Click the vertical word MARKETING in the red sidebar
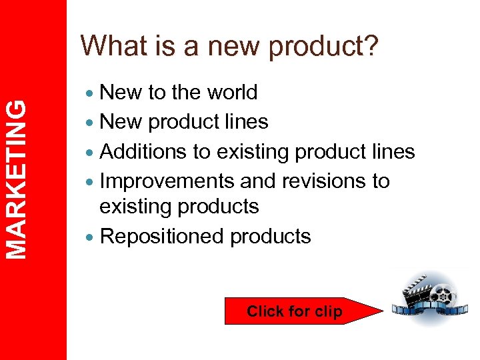(x=19, y=178)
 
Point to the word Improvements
(x=166, y=181)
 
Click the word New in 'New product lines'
(x=121, y=122)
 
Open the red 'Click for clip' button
(x=294, y=311)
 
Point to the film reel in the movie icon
(x=443, y=296)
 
